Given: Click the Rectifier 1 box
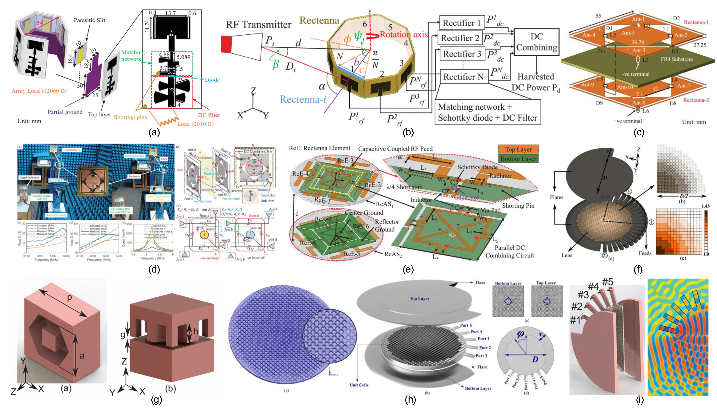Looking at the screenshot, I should click(x=462, y=23).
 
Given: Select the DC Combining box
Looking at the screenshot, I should click(x=536, y=42).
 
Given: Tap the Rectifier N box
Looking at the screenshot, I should click(x=464, y=77).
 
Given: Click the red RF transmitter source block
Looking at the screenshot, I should click(x=226, y=44).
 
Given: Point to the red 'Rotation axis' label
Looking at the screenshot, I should click(x=403, y=35).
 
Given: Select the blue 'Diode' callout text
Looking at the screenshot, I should click(x=212, y=80).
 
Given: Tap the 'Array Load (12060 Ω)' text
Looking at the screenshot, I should click(x=39, y=91).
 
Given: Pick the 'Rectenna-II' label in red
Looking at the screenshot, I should click(x=696, y=100).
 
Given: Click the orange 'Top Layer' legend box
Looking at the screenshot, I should click(x=518, y=149).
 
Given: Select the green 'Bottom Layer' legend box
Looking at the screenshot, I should click(x=518, y=159).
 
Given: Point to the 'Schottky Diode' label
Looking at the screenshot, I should click(x=477, y=167).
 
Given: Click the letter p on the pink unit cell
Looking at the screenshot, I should click(x=69, y=298).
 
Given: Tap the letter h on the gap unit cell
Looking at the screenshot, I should click(x=196, y=331).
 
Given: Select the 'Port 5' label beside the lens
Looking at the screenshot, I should click(x=466, y=325).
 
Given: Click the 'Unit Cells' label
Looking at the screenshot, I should click(x=359, y=385).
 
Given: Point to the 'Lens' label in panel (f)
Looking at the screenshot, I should click(x=567, y=255).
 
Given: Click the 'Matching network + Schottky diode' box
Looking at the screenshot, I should click(x=487, y=112).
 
